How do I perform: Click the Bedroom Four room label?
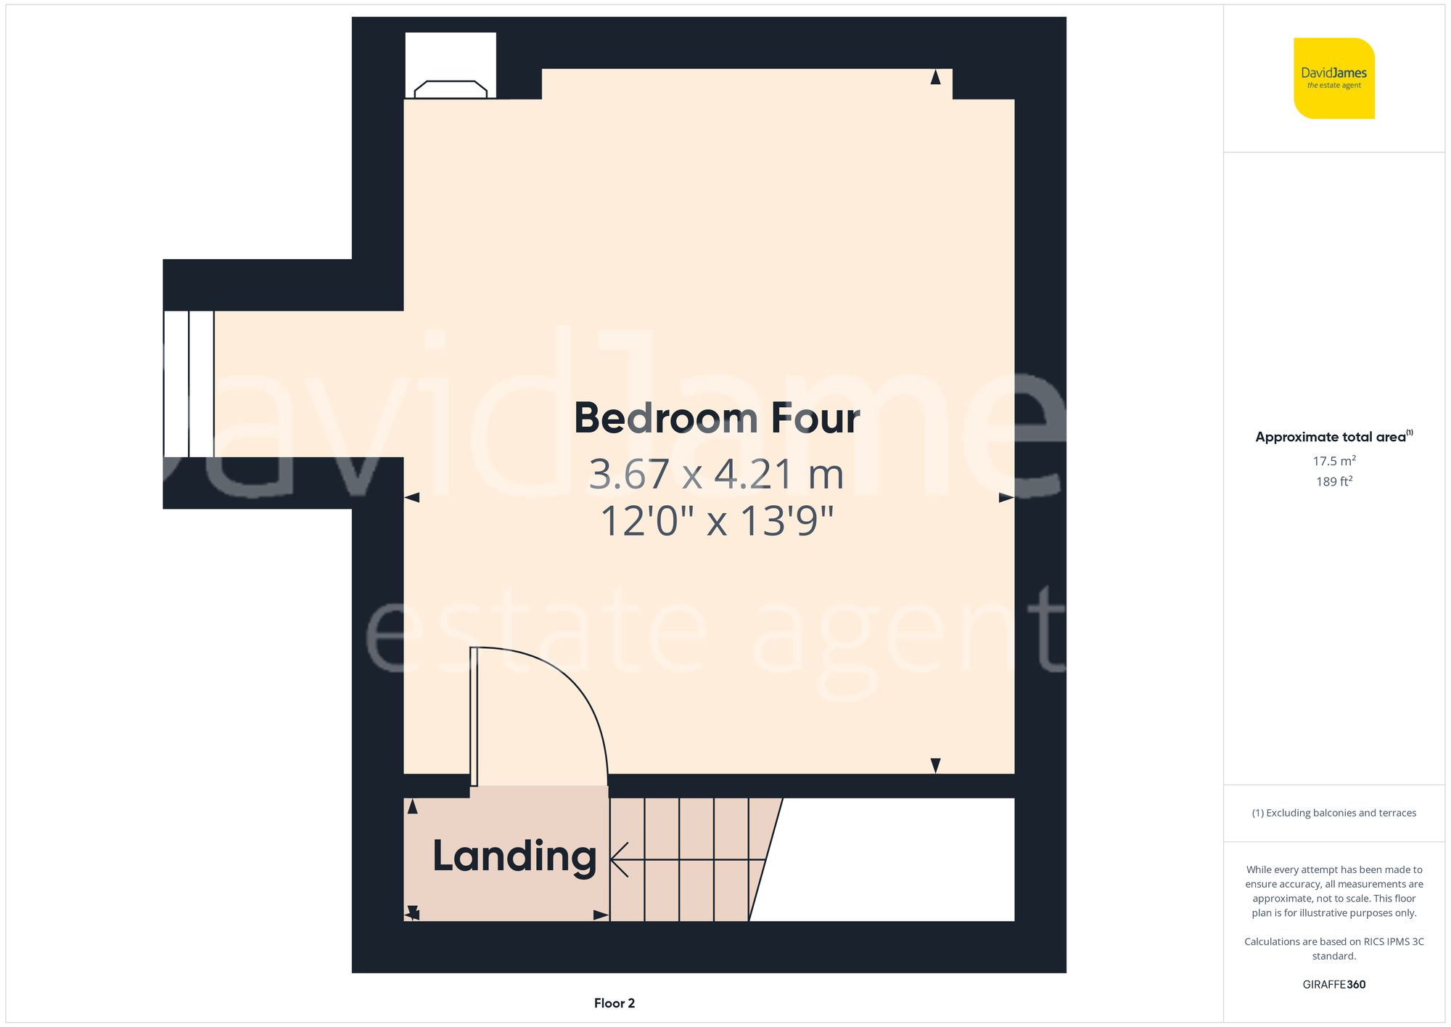(717, 419)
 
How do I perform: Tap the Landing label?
(514, 856)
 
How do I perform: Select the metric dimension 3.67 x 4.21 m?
(716, 475)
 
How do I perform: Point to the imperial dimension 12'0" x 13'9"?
(717, 521)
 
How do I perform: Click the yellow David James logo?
(1333, 78)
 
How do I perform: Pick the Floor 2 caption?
(614, 1003)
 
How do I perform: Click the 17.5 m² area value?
(1333, 461)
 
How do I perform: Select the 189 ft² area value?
(1333, 481)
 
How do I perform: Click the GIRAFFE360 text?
(1333, 984)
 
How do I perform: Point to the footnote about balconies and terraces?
(1333, 813)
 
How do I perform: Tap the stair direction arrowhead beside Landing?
(619, 860)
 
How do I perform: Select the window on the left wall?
(189, 384)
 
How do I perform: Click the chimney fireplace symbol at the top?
(451, 89)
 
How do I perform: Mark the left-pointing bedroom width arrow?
(412, 497)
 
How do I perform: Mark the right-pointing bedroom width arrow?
(1006, 497)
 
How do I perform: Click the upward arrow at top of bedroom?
(935, 77)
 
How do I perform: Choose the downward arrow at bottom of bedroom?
(935, 765)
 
